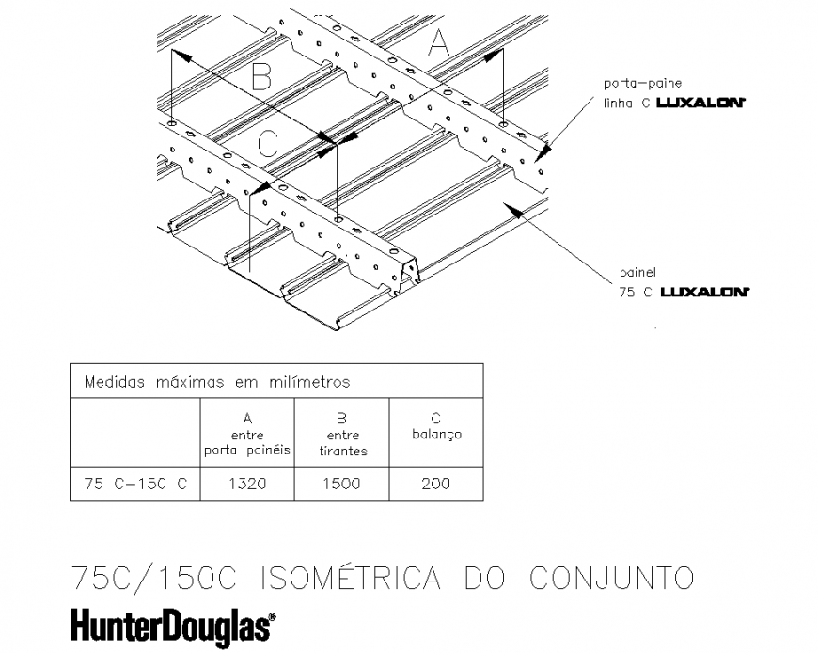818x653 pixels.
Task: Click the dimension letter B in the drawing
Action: pyautogui.click(x=262, y=77)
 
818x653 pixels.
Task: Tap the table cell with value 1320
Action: pyautogui.click(x=247, y=484)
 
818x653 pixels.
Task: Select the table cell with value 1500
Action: pyautogui.click(x=341, y=484)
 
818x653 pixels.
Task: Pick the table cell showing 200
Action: pyautogui.click(x=435, y=484)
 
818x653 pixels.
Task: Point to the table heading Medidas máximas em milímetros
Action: pyautogui.click(x=217, y=382)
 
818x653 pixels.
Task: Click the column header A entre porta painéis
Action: pyautogui.click(x=247, y=434)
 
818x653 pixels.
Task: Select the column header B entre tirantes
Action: pyautogui.click(x=342, y=434)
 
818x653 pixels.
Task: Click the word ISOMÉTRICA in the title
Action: pyautogui.click(x=355, y=577)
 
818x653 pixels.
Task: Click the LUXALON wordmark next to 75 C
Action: pyautogui.click(x=704, y=292)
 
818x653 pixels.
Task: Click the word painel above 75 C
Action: pyautogui.click(x=637, y=273)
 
